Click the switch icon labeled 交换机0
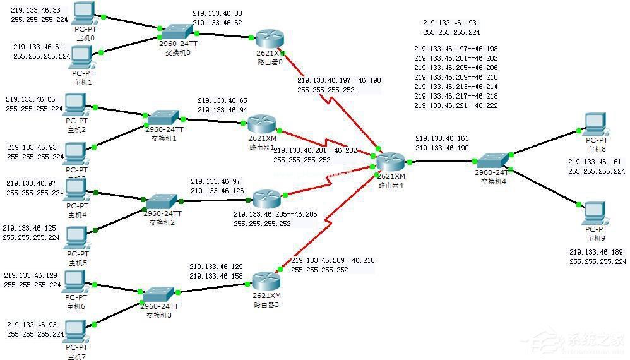[x=176, y=31]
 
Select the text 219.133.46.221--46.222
[x=455, y=105]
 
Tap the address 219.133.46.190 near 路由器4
[x=442, y=148]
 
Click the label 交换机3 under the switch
[x=159, y=315]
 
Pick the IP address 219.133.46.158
[x=216, y=276]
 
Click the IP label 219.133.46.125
[x=30, y=228]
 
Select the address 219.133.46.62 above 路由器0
[x=217, y=23]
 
